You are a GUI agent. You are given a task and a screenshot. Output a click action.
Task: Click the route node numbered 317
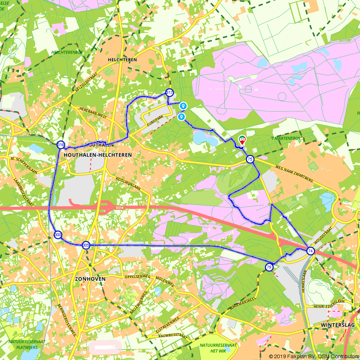(169, 93)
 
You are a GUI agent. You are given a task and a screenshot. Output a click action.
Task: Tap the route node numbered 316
(61, 145)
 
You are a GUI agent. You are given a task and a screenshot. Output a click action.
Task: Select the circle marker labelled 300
(57, 235)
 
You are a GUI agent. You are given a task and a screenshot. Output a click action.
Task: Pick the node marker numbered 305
(86, 245)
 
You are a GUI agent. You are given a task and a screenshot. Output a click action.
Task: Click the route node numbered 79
(269, 267)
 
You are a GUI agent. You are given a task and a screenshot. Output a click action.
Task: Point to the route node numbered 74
(311, 251)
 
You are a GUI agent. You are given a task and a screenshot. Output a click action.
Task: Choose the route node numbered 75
(250, 159)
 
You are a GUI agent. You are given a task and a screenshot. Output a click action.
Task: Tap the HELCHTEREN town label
(122, 60)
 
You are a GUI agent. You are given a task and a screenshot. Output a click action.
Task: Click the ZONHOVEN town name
(90, 279)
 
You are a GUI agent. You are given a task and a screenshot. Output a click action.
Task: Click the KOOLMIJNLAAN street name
(128, 183)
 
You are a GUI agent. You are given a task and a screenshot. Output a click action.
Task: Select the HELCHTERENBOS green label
(67, 52)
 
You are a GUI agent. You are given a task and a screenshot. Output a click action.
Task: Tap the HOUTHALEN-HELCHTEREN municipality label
(98, 155)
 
